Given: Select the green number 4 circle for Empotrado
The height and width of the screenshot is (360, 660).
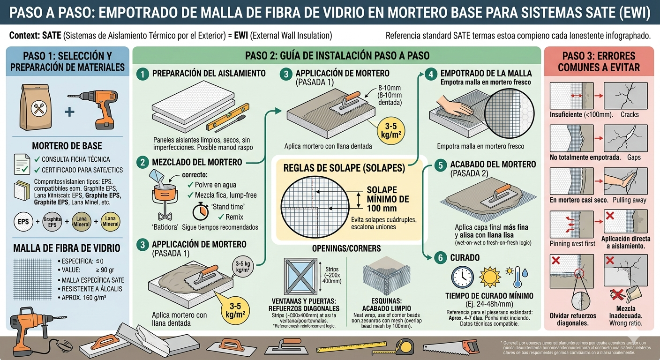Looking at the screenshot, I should (x=430, y=74).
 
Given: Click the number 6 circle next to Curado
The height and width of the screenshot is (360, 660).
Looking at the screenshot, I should (x=440, y=257).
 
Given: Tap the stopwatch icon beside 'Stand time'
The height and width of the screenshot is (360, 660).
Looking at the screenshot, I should (x=201, y=210).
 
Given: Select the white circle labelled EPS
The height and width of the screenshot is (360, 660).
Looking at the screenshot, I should (x=23, y=222).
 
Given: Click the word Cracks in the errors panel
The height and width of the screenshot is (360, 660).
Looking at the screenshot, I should (x=630, y=114).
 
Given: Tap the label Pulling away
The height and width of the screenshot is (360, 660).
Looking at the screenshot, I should (x=630, y=200).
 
